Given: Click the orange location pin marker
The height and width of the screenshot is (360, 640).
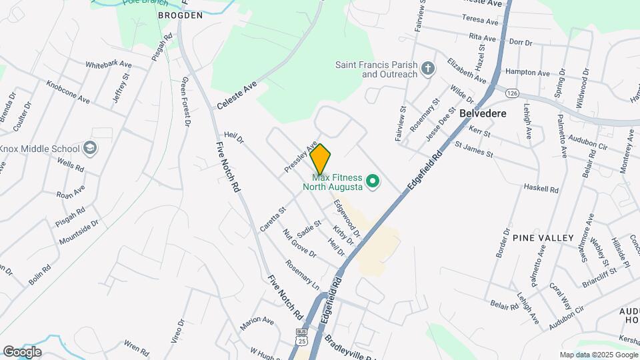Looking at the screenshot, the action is tap(321, 159).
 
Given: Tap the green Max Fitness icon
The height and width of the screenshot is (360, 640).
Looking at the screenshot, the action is tap(374, 181).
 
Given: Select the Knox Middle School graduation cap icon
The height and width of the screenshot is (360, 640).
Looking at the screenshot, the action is tap(90, 148).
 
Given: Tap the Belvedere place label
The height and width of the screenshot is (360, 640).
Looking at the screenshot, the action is tap(483, 113).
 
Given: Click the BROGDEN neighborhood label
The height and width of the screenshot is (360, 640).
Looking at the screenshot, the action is tap(179, 15).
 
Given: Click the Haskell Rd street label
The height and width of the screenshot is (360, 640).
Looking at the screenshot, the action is tap(541, 189).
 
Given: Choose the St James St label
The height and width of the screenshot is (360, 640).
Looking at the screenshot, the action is tap(473, 149).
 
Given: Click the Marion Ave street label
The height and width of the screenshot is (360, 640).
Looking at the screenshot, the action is tap(257, 321).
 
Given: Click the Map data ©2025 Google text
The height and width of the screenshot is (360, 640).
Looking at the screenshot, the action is tap(598, 355).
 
